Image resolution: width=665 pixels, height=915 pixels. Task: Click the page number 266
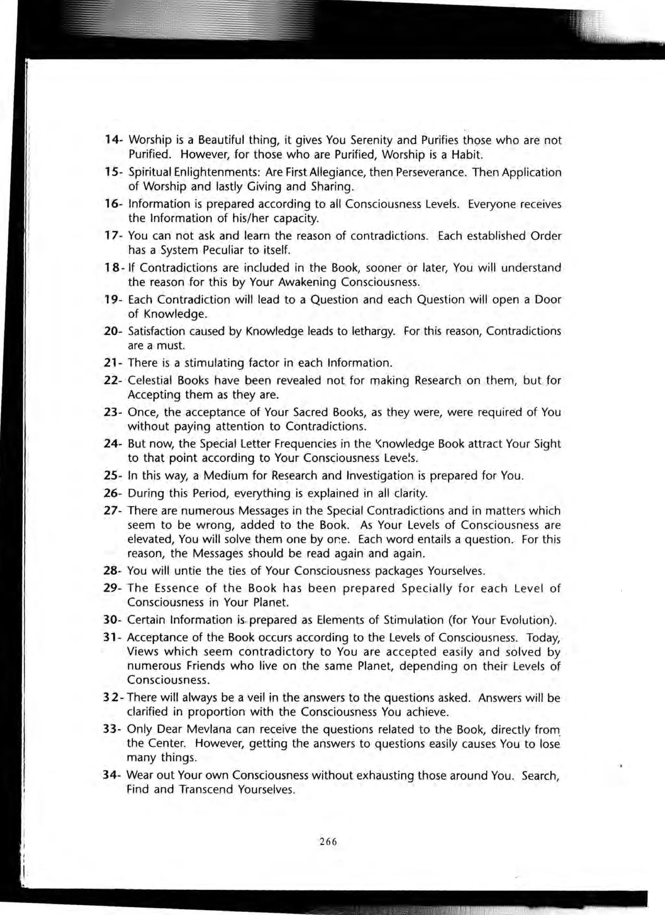coord(328,842)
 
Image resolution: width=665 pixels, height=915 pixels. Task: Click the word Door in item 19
coord(547,300)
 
